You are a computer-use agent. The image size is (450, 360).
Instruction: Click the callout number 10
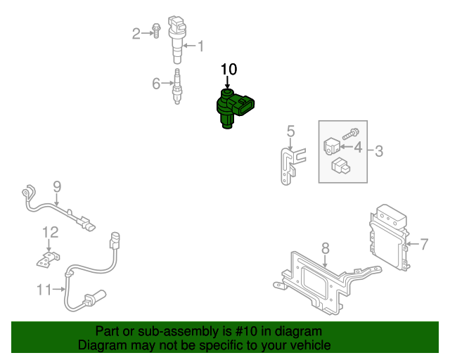point(229,69)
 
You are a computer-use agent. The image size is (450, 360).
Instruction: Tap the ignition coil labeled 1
point(175,39)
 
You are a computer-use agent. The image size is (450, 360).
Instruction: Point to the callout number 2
point(137,32)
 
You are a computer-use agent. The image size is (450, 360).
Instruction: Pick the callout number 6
point(156,84)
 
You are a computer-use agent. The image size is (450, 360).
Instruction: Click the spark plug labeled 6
point(177,87)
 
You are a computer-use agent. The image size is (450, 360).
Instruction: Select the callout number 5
point(290,131)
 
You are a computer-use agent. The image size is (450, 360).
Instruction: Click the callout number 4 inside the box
point(357,148)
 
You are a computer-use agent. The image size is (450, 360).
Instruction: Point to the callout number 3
point(378,150)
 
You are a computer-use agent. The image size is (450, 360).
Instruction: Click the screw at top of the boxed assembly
point(351,131)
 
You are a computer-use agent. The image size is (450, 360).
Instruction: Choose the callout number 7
point(423,245)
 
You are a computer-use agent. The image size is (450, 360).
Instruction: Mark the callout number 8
point(325,247)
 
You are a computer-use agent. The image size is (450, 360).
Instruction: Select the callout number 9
point(57,186)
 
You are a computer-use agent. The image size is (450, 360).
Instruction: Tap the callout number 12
point(49,231)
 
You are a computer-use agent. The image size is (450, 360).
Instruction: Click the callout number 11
point(44,288)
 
